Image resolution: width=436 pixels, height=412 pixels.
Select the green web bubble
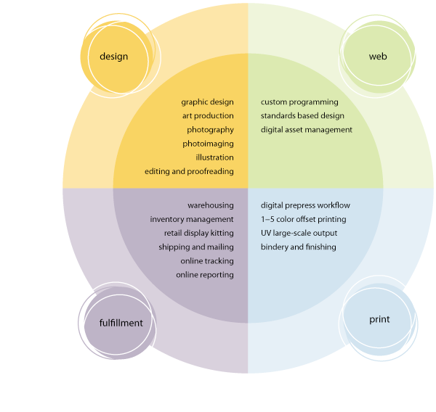click(x=378, y=57)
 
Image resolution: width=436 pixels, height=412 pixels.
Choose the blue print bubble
click(x=379, y=319)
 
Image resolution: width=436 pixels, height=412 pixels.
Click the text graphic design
click(x=207, y=102)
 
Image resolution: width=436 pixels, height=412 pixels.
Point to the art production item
click(x=208, y=116)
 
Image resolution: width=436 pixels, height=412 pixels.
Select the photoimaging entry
click(x=210, y=144)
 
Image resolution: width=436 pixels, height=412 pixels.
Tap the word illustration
click(x=214, y=157)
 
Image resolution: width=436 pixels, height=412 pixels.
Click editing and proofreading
click(x=189, y=171)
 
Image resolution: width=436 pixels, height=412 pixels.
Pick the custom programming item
click(x=299, y=102)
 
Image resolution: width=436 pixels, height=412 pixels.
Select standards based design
click(x=302, y=116)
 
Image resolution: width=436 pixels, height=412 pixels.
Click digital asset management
click(x=306, y=130)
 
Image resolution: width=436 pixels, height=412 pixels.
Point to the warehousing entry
click(x=210, y=205)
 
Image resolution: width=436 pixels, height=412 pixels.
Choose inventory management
click(x=192, y=219)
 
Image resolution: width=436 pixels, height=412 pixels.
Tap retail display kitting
click(x=198, y=233)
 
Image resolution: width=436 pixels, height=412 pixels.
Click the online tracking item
click(x=207, y=260)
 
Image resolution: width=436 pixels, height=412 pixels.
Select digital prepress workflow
click(x=305, y=205)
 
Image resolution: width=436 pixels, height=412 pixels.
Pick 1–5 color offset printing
click(x=303, y=219)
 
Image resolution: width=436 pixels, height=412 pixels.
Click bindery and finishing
click(x=298, y=247)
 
